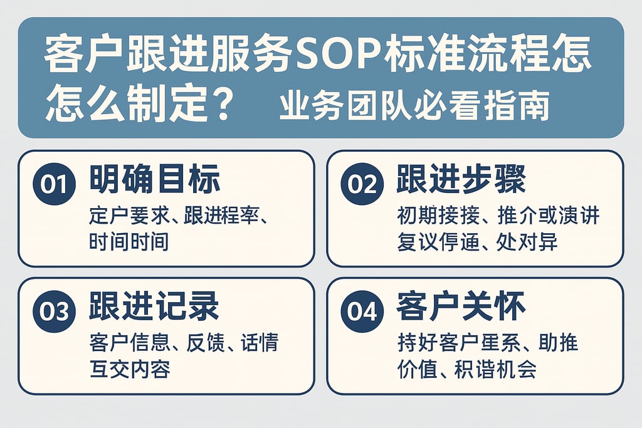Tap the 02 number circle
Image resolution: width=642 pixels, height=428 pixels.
pyautogui.click(x=362, y=184)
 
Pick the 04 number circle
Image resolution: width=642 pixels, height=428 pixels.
pyautogui.click(x=362, y=311)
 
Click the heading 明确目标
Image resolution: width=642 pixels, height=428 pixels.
pyautogui.click(x=155, y=180)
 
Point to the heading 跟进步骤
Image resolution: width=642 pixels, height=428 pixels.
pyautogui.click(x=461, y=180)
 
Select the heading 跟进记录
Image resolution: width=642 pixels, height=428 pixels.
pyautogui.click(x=155, y=307)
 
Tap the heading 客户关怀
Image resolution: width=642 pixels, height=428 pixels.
pyautogui.click(x=461, y=307)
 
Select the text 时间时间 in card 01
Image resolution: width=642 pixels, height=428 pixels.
pyautogui.click(x=129, y=241)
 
